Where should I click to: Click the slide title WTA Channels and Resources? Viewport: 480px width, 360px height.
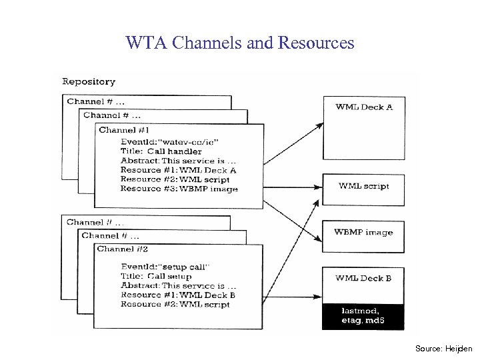[x=240, y=43]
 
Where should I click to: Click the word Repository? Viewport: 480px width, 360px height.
[x=89, y=82]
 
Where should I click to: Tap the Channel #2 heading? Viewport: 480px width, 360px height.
[x=123, y=249]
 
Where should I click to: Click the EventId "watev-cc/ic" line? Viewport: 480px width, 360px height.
[x=169, y=141]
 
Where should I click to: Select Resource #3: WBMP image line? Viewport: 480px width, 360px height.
[x=179, y=189]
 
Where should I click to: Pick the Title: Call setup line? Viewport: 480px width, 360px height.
[x=156, y=276]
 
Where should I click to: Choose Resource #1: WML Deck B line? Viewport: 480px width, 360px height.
[x=178, y=295]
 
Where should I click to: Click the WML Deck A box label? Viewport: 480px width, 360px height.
[x=363, y=107]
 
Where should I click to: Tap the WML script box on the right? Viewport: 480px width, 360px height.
[x=363, y=186]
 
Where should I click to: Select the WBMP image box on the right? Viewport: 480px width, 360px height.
[x=363, y=233]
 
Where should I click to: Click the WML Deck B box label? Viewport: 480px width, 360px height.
[x=363, y=278]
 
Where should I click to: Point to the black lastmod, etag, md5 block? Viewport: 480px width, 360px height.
[x=363, y=316]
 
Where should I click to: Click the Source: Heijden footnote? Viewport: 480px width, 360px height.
[x=443, y=349]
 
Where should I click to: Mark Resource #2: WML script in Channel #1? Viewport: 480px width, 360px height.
[x=175, y=179]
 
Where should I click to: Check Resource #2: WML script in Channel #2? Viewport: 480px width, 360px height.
[x=175, y=304]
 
